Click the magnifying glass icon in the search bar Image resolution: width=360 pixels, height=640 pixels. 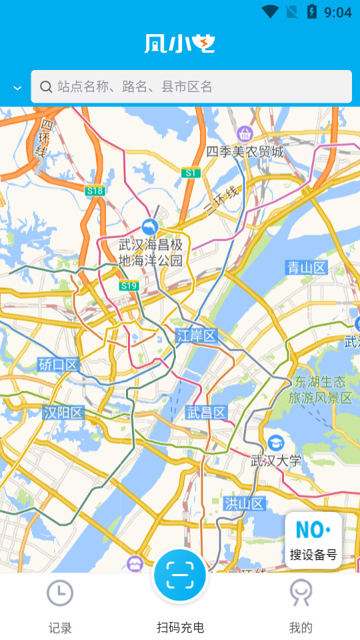(46, 87)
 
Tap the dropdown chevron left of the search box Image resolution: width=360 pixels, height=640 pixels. (17, 88)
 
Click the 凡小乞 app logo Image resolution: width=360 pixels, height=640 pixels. (180, 43)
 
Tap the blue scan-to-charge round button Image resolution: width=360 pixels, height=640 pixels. (180, 575)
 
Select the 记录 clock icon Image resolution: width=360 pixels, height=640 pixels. (60, 592)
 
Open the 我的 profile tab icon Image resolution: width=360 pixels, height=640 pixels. (300, 592)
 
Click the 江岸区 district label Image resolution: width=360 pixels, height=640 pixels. (197, 336)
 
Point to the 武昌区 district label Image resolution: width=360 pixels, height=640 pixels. (207, 412)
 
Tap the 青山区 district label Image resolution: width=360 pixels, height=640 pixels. (307, 268)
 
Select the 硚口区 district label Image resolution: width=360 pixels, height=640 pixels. (59, 364)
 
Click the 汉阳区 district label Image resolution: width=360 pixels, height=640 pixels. (63, 413)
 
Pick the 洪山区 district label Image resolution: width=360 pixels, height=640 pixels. (245, 503)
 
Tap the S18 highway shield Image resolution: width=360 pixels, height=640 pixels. (95, 191)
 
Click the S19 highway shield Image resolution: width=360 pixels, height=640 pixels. (129, 286)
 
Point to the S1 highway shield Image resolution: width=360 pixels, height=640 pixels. (191, 173)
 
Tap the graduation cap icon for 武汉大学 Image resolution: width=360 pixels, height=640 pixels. (275, 443)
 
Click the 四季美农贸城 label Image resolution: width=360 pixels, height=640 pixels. (245, 152)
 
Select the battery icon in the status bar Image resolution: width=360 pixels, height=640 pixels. (311, 11)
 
